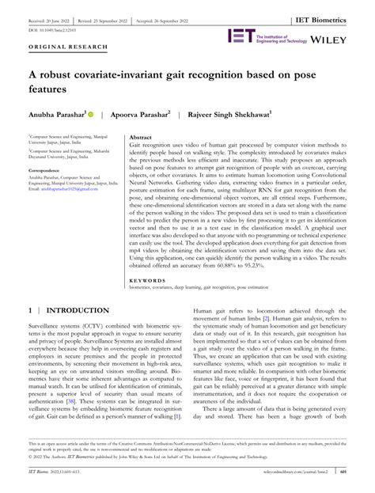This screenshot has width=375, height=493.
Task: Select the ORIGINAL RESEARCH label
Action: point(57,47)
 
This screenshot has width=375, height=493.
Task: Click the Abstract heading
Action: point(141,138)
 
